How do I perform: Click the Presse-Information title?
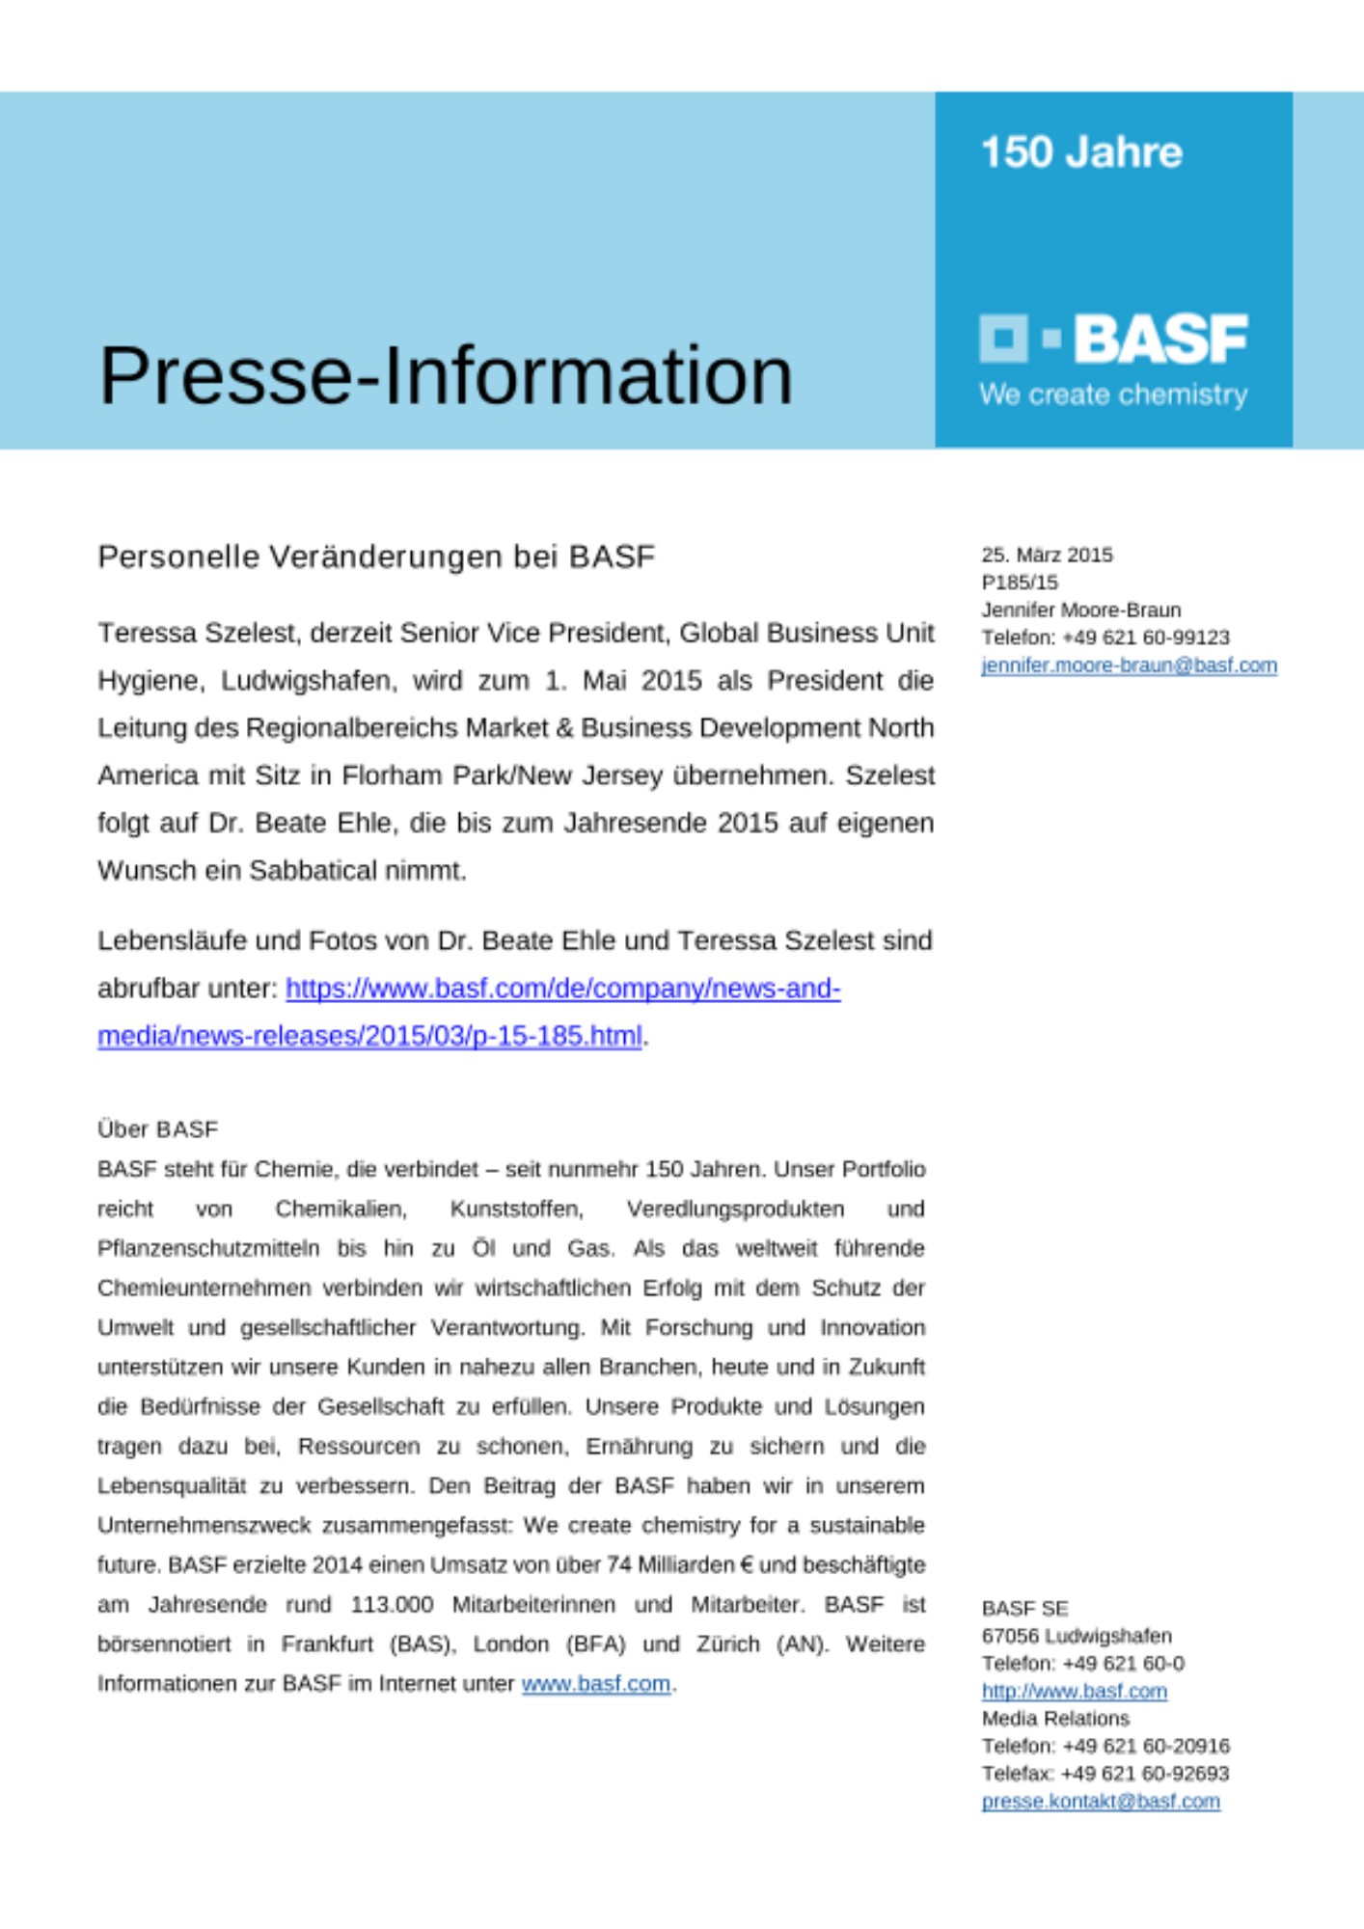[x=446, y=375]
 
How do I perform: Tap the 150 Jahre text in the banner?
[x=1080, y=152]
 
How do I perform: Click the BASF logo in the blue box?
[x=1113, y=339]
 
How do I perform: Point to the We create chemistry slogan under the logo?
[x=1113, y=394]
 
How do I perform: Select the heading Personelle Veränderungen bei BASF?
[x=376, y=557]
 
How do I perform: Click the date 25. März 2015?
[x=1047, y=555]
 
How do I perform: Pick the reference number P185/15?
[x=1020, y=583]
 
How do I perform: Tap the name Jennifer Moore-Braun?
[x=1080, y=610]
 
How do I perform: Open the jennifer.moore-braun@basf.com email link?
[x=1129, y=666]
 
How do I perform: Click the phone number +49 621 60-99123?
[x=1145, y=638]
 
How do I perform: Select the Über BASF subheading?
[x=157, y=1128]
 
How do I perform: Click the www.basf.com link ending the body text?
[x=595, y=1684]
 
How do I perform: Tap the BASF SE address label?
[x=1024, y=1609]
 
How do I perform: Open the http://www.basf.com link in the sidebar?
[x=1074, y=1692]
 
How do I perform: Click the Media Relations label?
[x=1054, y=1719]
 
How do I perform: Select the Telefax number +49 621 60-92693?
[x=1144, y=1774]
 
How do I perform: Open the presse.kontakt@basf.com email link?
[x=1100, y=1802]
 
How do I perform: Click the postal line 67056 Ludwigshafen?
[x=1077, y=1636]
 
